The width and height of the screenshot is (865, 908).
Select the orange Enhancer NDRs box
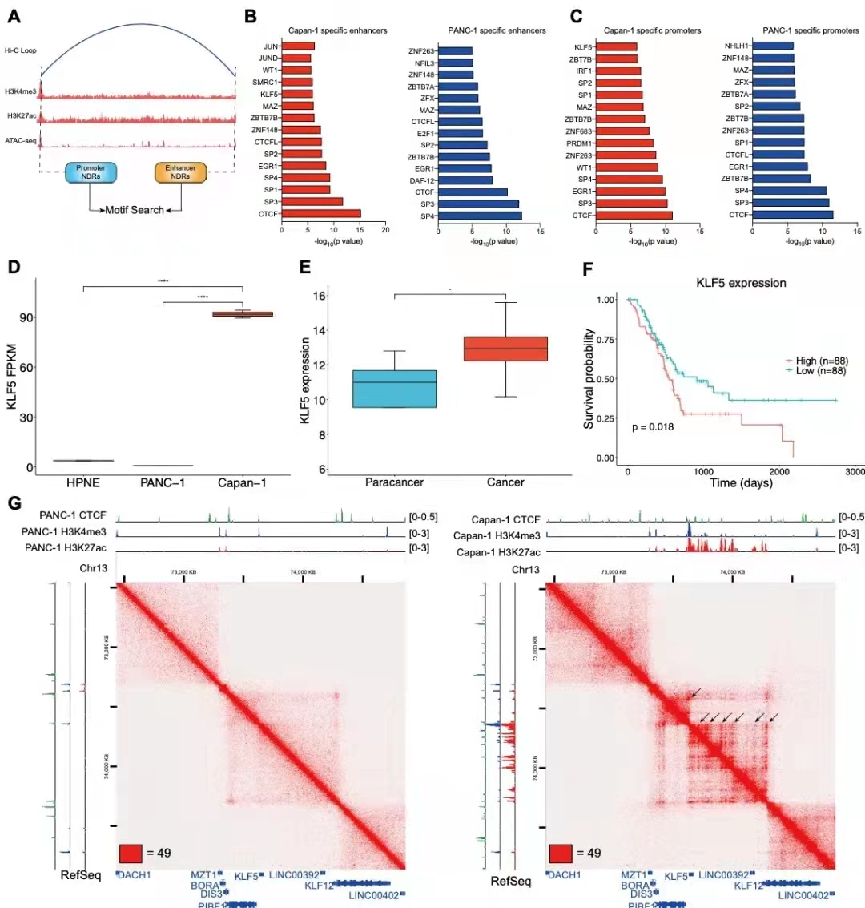click(180, 172)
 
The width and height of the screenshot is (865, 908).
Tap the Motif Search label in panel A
click(135, 210)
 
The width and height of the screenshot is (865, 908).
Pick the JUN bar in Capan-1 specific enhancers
click(298, 46)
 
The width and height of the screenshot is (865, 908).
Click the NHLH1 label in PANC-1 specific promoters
click(736, 46)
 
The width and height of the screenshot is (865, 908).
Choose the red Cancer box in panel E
click(506, 349)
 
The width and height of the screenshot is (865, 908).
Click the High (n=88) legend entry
click(817, 361)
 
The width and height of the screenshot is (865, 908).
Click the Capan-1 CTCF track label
click(506, 520)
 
